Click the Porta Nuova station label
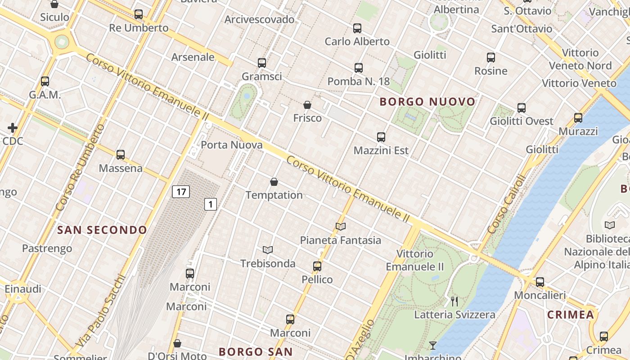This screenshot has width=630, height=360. pyautogui.click(x=231, y=145)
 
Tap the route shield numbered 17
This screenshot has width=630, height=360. pyautogui.click(x=181, y=192)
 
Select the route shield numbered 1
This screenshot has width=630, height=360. pyautogui.click(x=211, y=204)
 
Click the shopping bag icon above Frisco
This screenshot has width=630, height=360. pyautogui.click(x=307, y=105)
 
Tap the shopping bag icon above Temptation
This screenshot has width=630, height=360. pyautogui.click(x=274, y=182)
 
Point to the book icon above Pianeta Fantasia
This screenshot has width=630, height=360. pyautogui.click(x=341, y=226)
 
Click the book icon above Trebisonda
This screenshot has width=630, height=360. pyautogui.click(x=268, y=250)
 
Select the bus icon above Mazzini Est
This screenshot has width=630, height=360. pyautogui.click(x=381, y=137)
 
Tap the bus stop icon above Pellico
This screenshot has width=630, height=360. pyautogui.click(x=317, y=266)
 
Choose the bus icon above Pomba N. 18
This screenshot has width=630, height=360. pyautogui.click(x=359, y=68)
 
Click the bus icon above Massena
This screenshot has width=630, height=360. pyautogui.click(x=121, y=155)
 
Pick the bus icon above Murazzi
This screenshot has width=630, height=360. pyautogui.click(x=578, y=118)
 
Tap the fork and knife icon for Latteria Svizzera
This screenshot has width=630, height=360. pyautogui.click(x=454, y=301)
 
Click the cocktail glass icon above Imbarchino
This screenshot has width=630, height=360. pyautogui.click(x=433, y=346)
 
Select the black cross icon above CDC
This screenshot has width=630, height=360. pyautogui.click(x=13, y=128)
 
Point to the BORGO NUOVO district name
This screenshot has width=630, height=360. pyautogui.click(x=427, y=102)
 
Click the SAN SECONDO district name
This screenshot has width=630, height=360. pyautogui.click(x=102, y=230)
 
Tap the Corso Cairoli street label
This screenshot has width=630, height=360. pyautogui.click(x=507, y=204)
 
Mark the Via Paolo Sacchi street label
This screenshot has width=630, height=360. pyautogui.click(x=100, y=310)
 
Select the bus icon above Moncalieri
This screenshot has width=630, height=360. pyautogui.click(x=540, y=282)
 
